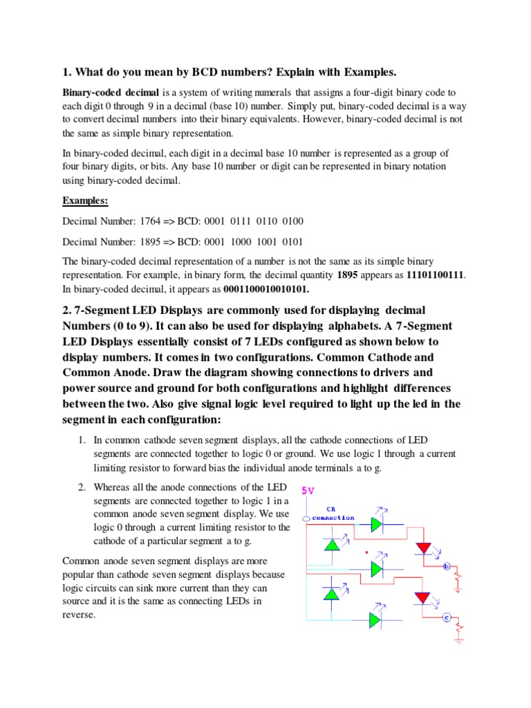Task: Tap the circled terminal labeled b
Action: [x=446, y=567]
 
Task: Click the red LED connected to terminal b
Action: [x=422, y=548]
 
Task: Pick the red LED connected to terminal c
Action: [x=422, y=598]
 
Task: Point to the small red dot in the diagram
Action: [x=366, y=552]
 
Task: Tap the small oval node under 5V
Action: [x=306, y=517]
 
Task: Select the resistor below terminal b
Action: [x=456, y=579]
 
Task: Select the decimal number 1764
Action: [x=150, y=221]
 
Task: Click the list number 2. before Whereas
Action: [x=81, y=488]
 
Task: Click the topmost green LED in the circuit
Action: [x=375, y=524]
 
